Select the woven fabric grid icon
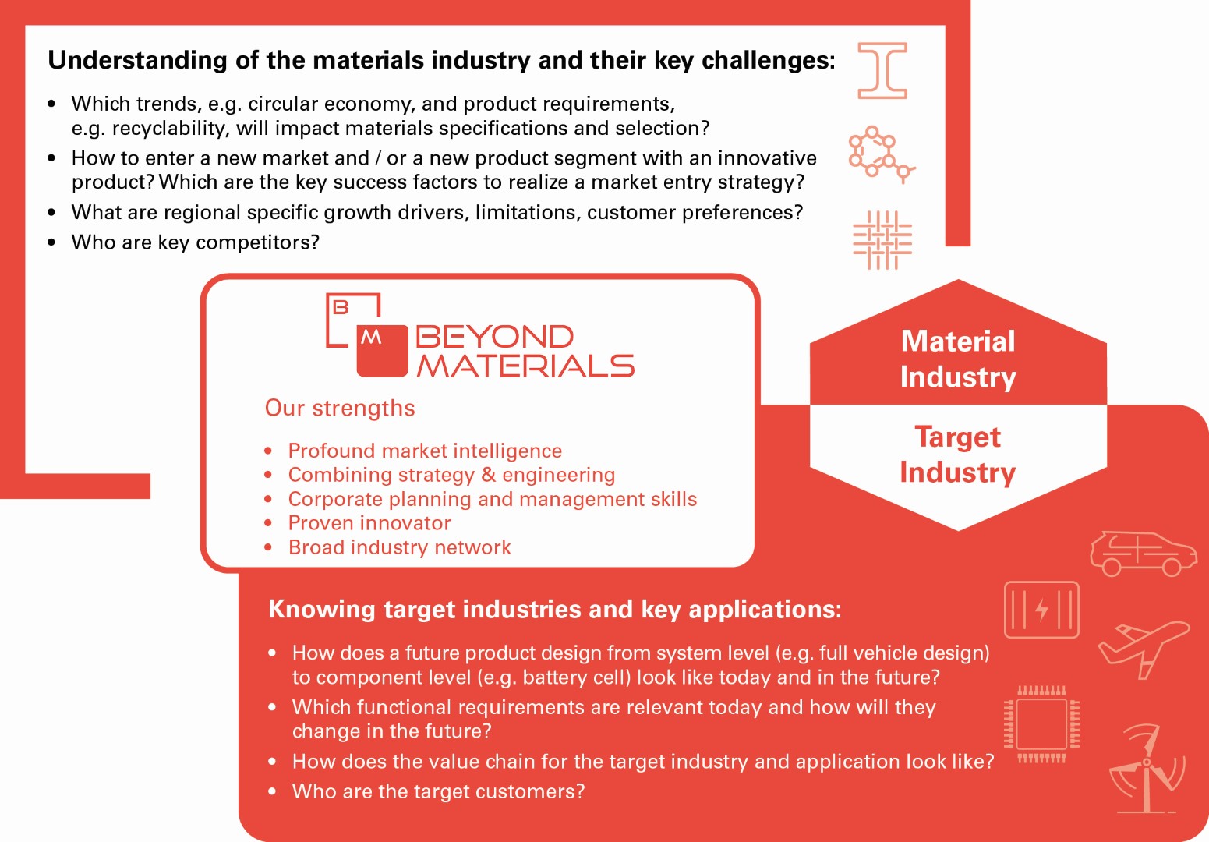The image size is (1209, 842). click(882, 239)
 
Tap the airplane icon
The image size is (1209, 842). click(1144, 649)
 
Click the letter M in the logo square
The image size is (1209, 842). click(371, 338)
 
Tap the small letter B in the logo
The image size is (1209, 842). click(341, 307)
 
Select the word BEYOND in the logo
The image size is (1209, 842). click(494, 337)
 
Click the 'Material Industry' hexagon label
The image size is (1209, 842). click(958, 359)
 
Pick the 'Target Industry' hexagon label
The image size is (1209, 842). click(958, 455)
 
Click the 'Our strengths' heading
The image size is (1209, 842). click(340, 408)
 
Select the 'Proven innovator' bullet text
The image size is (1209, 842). click(369, 523)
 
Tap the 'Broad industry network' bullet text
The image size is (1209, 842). click(399, 547)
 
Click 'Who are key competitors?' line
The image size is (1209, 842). click(196, 242)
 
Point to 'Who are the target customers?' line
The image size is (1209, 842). click(438, 791)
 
